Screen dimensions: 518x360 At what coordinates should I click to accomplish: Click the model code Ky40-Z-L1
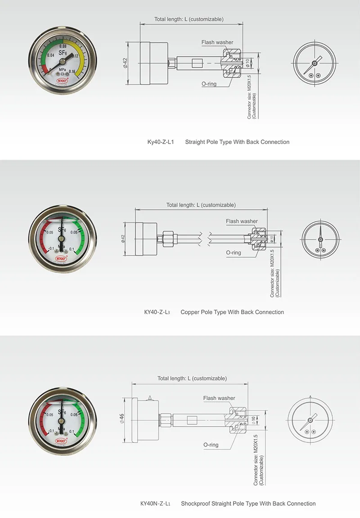click(x=160, y=142)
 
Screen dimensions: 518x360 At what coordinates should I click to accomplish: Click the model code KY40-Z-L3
click(x=157, y=312)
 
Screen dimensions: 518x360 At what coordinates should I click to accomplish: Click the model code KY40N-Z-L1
click(x=155, y=504)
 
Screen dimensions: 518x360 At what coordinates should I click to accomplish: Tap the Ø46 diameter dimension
click(x=122, y=419)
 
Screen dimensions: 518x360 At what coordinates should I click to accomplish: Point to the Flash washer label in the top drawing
click(x=217, y=42)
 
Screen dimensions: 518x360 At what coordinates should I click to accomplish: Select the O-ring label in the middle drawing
click(x=234, y=252)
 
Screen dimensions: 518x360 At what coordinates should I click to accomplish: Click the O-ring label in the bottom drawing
click(x=211, y=445)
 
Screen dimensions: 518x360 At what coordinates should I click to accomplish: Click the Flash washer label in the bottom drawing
click(x=219, y=398)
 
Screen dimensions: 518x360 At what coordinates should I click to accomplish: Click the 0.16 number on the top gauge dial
click(x=72, y=72)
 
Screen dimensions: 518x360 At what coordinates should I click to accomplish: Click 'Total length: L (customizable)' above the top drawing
click(x=189, y=19)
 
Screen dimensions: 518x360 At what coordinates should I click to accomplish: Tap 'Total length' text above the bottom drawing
click(x=174, y=378)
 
